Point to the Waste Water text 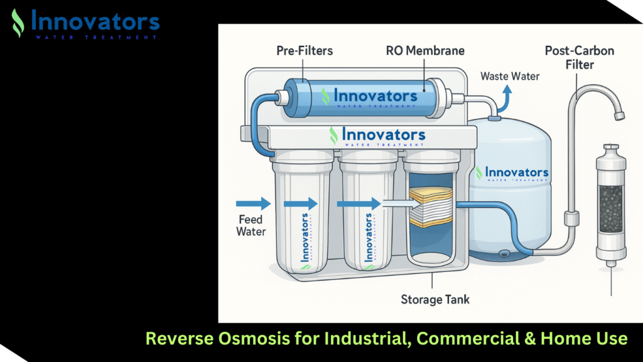509,76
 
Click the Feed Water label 251,226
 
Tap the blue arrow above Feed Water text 253,203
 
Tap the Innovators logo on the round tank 512,173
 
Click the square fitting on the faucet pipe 572,219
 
